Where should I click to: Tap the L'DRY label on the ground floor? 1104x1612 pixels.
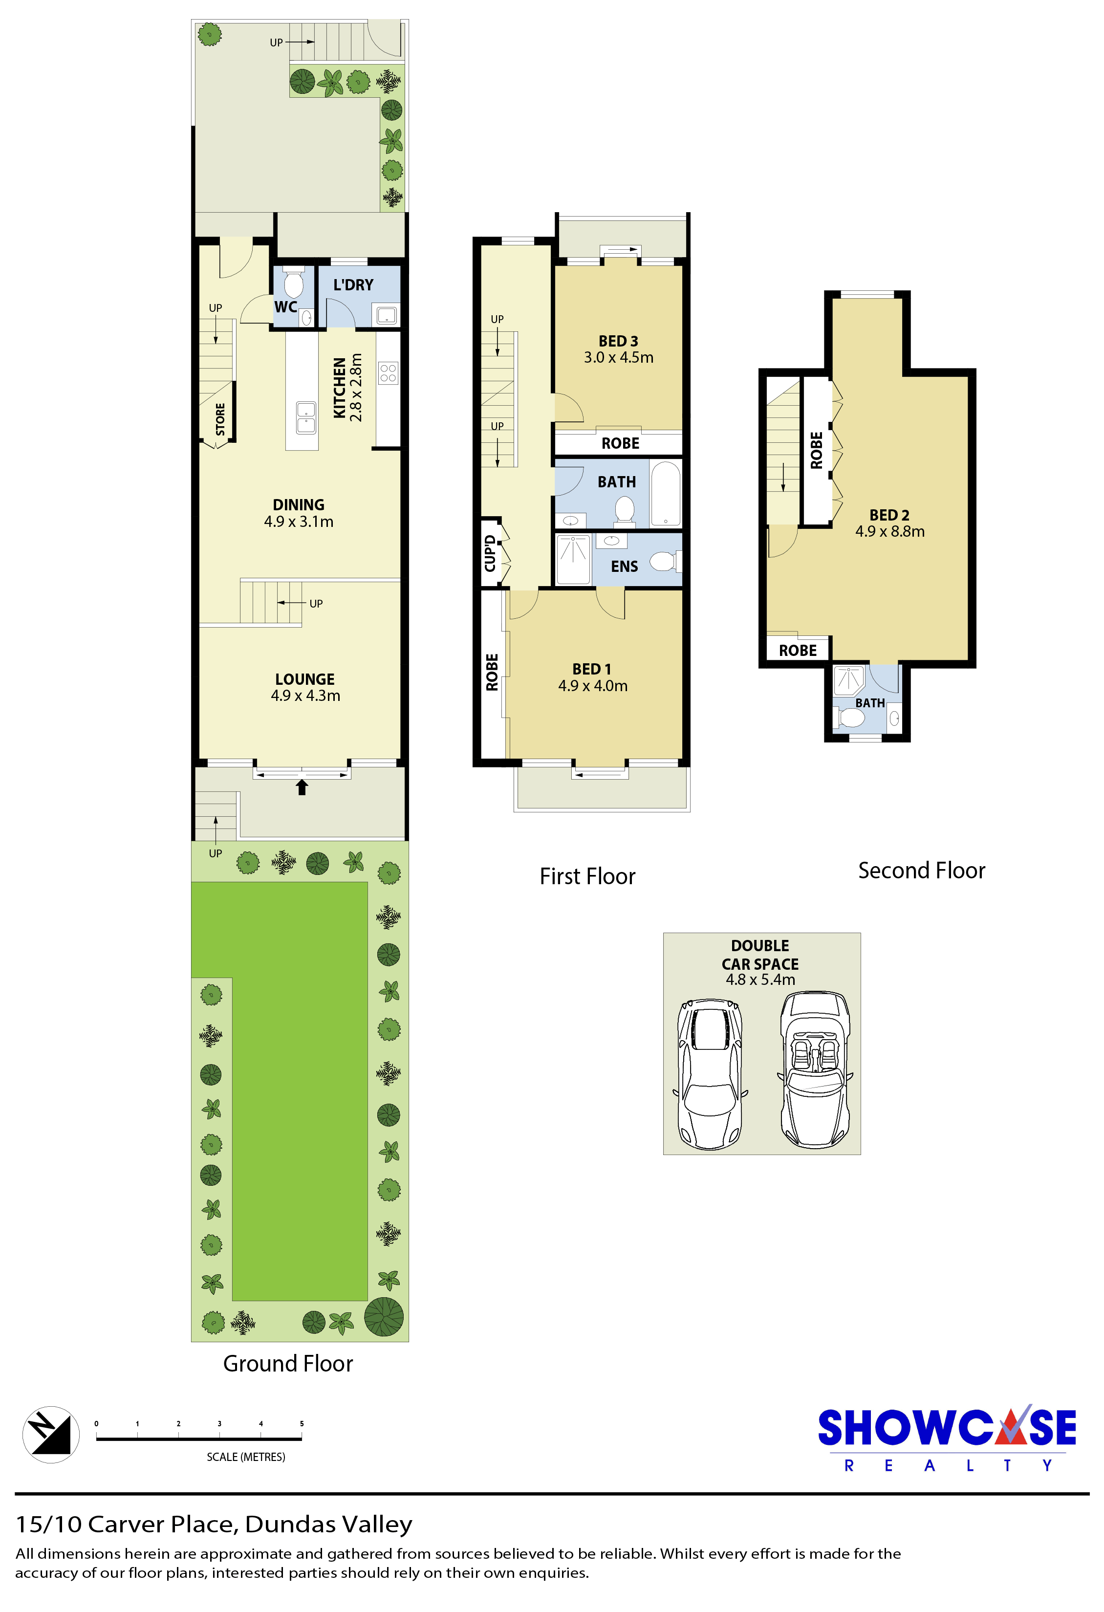tap(353, 284)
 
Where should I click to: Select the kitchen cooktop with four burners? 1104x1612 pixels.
tap(388, 372)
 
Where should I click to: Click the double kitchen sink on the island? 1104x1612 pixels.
tap(306, 417)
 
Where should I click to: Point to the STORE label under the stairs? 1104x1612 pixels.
tap(220, 420)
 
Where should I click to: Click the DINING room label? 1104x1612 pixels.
tap(298, 504)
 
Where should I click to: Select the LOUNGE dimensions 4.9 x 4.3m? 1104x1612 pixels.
tap(305, 696)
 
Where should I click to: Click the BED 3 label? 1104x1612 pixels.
tap(618, 341)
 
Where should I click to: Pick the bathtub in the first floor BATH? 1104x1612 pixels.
tap(666, 493)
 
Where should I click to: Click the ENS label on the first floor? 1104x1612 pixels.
tap(624, 566)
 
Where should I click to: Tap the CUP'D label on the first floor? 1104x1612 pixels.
tap(490, 553)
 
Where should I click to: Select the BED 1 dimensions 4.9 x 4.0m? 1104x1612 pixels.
tap(593, 686)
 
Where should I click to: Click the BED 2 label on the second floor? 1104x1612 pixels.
tap(889, 515)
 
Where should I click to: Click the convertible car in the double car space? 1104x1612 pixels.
tap(815, 1070)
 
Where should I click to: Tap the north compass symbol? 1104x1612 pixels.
tap(51, 1435)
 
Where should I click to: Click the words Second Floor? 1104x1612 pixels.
tap(922, 871)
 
